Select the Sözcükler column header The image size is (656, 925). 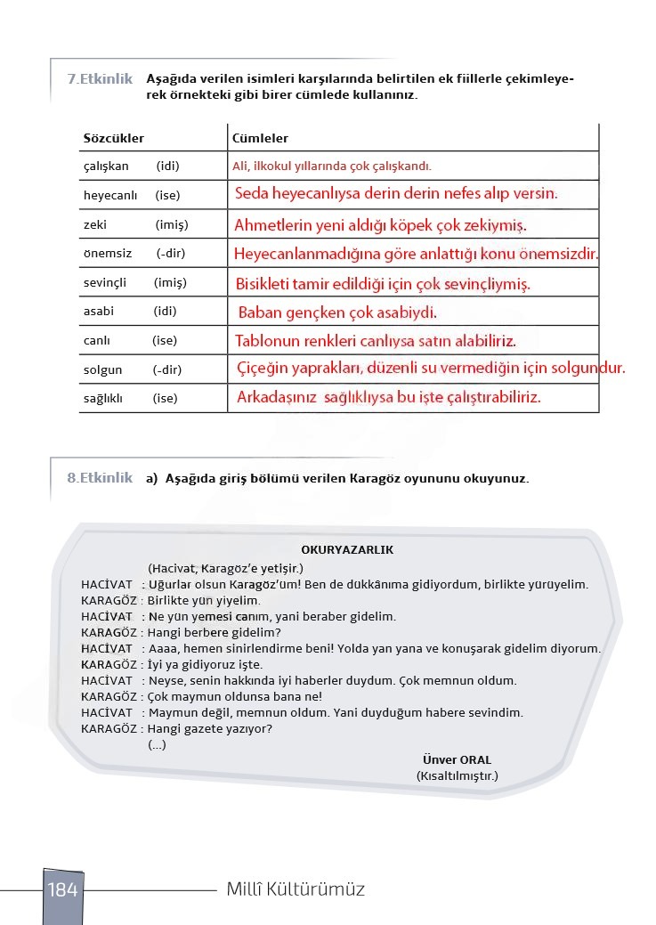click(113, 139)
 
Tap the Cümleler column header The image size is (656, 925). click(260, 139)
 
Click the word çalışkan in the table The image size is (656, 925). click(106, 166)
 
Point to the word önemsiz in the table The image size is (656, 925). click(107, 254)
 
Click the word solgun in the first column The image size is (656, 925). click(102, 369)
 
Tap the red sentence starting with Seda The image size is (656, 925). click(396, 193)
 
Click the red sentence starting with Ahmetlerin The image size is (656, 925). click(380, 224)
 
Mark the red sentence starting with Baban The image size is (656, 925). click(337, 313)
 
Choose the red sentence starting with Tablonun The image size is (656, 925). click(375, 341)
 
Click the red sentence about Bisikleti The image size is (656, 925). click(383, 285)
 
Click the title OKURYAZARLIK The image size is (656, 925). click(347, 550)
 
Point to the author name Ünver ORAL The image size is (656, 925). click(457, 760)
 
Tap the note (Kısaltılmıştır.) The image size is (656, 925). click(457, 776)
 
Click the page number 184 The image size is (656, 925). click(62, 889)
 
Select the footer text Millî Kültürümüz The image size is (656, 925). click(296, 889)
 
